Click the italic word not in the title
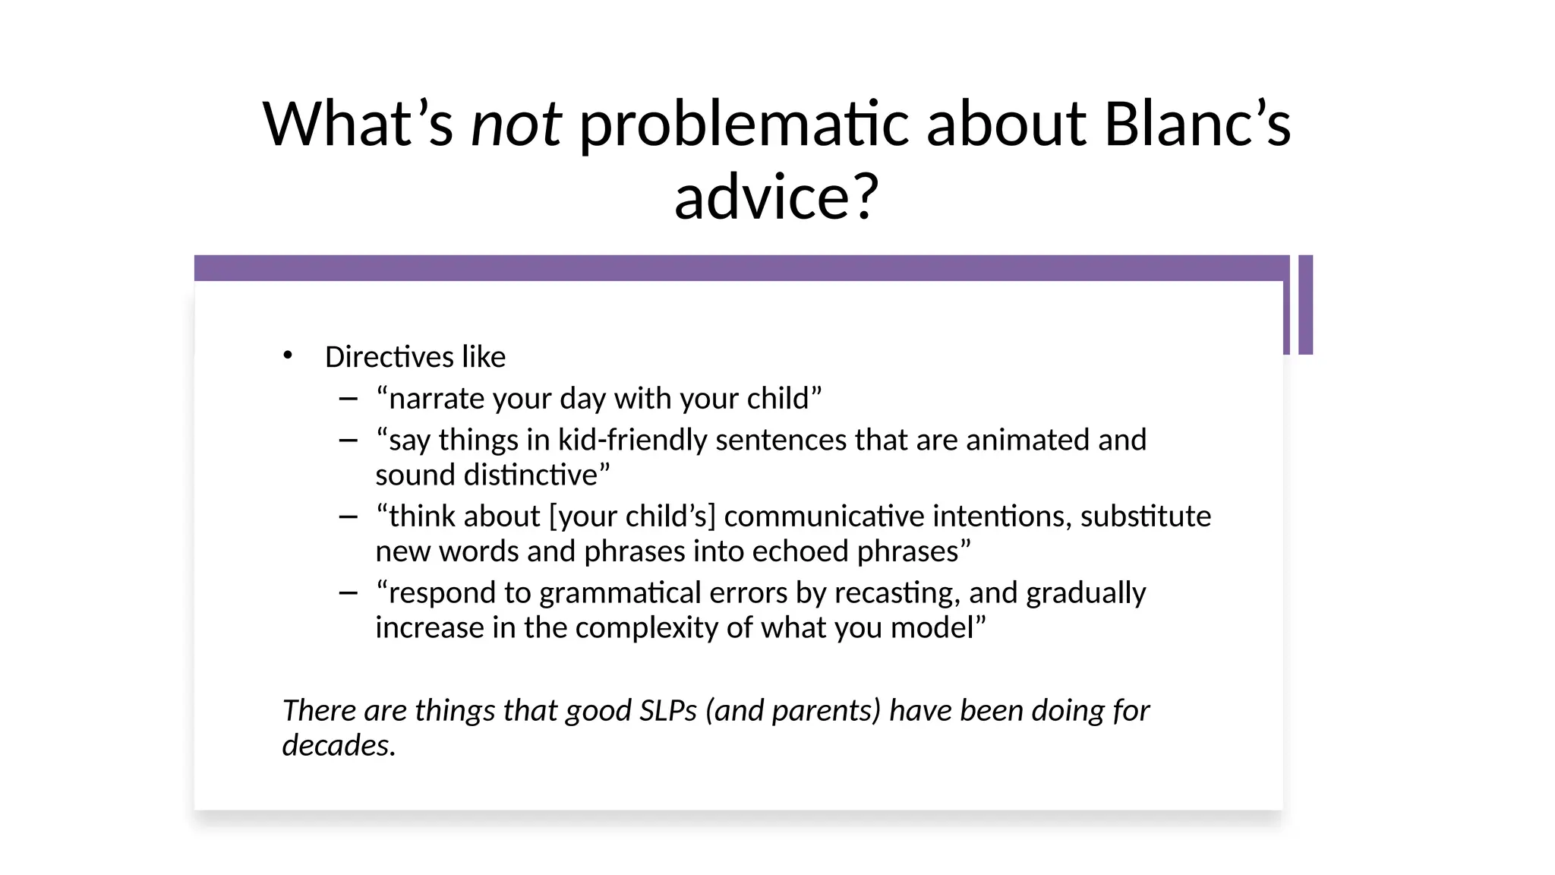pyautogui.click(x=516, y=124)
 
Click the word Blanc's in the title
pyautogui.click(x=1197, y=124)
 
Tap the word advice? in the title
pyautogui.click(x=776, y=197)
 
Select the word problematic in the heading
pyautogui.click(x=743, y=124)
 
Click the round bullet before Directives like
pyautogui.click(x=287, y=355)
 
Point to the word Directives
pyautogui.click(x=389, y=357)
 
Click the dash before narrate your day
pyautogui.click(x=349, y=398)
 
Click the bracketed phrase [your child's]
pyautogui.click(x=632, y=516)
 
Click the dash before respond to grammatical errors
pyautogui.click(x=349, y=592)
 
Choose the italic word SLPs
pyautogui.click(x=668, y=710)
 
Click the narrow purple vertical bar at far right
pyautogui.click(x=1305, y=305)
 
